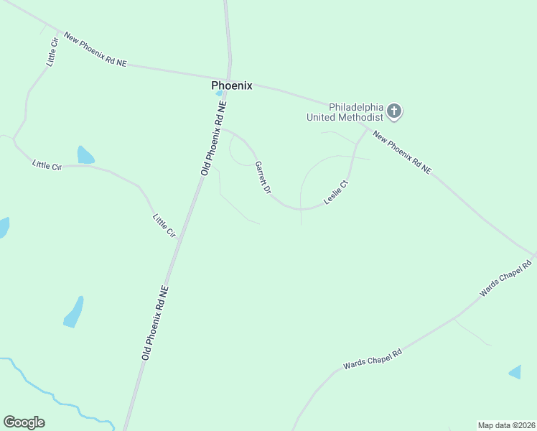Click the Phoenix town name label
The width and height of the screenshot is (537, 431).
coord(232,85)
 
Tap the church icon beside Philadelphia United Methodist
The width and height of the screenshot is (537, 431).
coord(393,111)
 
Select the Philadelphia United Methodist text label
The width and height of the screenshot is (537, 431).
coord(345,111)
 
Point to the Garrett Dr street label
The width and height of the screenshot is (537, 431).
coord(263,177)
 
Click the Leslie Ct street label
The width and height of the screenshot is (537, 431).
coord(336,193)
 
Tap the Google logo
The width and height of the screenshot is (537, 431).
coord(24,422)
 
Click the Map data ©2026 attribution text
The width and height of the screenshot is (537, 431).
coord(506,425)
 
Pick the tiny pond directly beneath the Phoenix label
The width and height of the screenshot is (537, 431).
coord(219,93)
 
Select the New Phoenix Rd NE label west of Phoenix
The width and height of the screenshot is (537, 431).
coord(95,50)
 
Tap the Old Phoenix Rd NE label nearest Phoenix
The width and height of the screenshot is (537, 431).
coord(214,138)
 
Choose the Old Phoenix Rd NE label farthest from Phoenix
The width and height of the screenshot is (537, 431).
coord(155,323)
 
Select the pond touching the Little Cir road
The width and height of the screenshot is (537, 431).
coord(85,155)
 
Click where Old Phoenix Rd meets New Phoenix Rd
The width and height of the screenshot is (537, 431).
coord(229,77)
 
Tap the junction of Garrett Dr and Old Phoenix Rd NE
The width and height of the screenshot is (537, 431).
coord(221,129)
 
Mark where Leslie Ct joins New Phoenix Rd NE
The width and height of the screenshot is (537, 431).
coord(366,130)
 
